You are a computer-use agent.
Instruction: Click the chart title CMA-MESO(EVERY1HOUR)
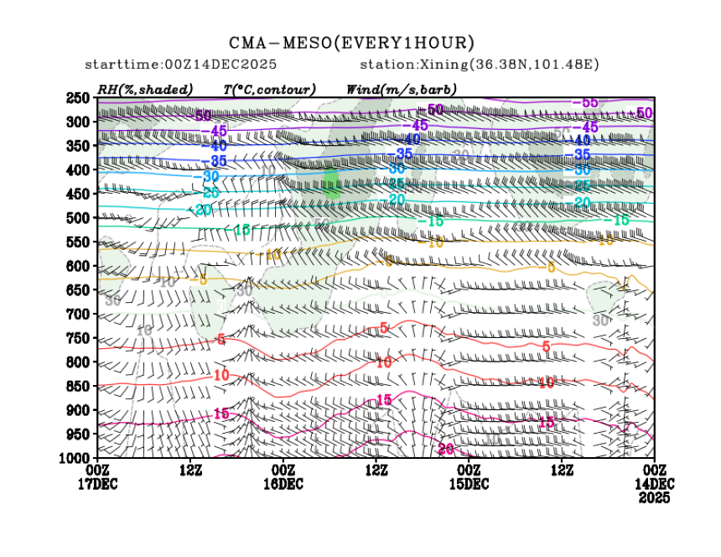coord(351,43)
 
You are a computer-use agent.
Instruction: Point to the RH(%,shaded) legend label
coord(145,89)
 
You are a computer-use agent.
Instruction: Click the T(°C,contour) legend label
coord(269,89)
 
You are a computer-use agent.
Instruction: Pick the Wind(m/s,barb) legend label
coord(401,89)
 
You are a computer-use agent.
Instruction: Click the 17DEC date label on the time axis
coord(97,484)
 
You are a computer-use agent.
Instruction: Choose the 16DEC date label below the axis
coord(283,484)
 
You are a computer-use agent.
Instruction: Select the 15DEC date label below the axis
coord(469,484)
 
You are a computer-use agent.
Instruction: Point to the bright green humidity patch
coord(330,181)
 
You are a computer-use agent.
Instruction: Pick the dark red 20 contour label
coord(446,450)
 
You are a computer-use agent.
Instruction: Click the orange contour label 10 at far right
coord(605,241)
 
